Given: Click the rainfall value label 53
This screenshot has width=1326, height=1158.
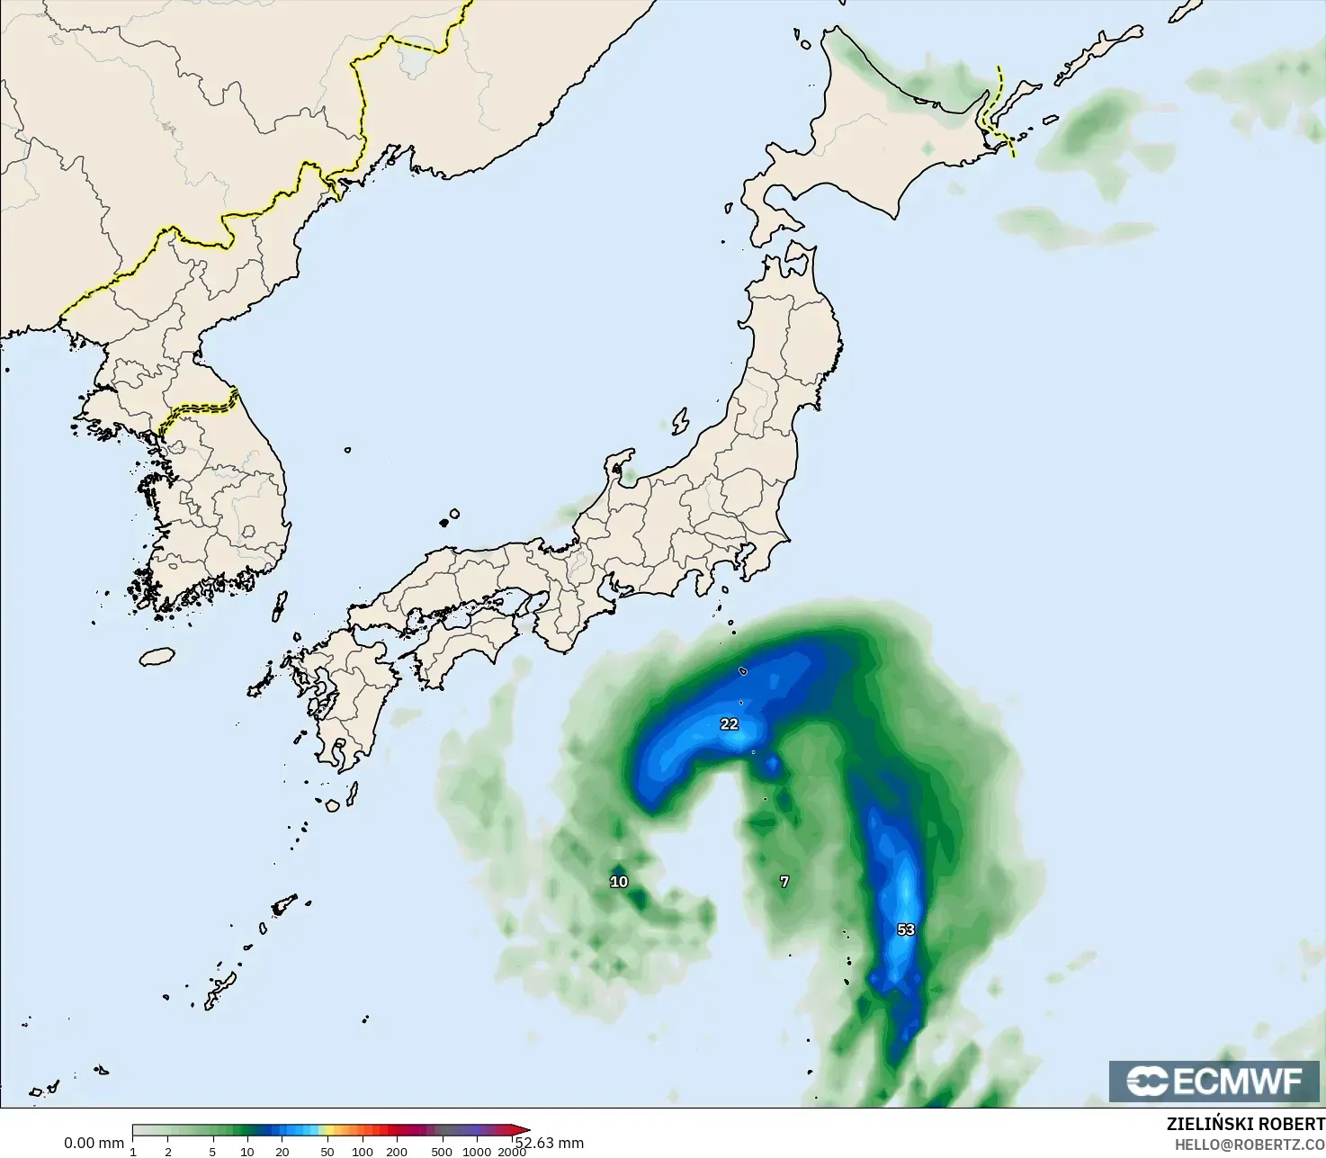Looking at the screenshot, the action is [x=906, y=929].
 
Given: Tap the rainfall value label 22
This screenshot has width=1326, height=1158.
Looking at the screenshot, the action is [x=729, y=724].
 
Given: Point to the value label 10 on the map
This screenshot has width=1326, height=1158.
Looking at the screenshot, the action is [x=619, y=882].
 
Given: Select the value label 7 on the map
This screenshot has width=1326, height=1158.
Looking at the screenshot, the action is [x=784, y=882].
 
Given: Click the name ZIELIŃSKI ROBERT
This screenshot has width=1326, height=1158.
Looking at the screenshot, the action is [x=1245, y=1124].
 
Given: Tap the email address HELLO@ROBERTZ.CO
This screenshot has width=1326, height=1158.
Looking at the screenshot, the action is [x=1250, y=1143].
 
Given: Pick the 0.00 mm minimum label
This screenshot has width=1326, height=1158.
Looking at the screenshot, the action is [x=94, y=1143].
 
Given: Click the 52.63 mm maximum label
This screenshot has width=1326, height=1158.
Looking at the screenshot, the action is [x=550, y=1143].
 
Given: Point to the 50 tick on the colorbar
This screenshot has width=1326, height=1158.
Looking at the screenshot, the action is [x=327, y=1152].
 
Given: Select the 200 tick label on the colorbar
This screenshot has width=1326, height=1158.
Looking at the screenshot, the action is [x=397, y=1152].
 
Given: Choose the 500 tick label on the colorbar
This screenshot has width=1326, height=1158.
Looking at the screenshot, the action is [x=442, y=1152].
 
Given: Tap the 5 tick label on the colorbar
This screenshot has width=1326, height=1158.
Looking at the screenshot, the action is [x=212, y=1152].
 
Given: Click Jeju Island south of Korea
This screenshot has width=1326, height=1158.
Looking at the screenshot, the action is [x=157, y=657].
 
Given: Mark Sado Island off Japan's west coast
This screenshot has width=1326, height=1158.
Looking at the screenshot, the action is [x=680, y=421].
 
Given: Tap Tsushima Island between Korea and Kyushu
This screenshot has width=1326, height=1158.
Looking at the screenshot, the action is [x=280, y=605].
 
